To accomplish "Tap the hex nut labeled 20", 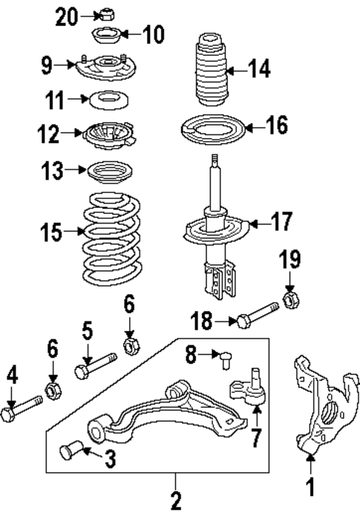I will click(x=106, y=13).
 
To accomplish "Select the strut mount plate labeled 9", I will click(x=104, y=66).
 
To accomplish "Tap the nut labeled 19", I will click(x=291, y=301).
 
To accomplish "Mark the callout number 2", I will click(x=176, y=502).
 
